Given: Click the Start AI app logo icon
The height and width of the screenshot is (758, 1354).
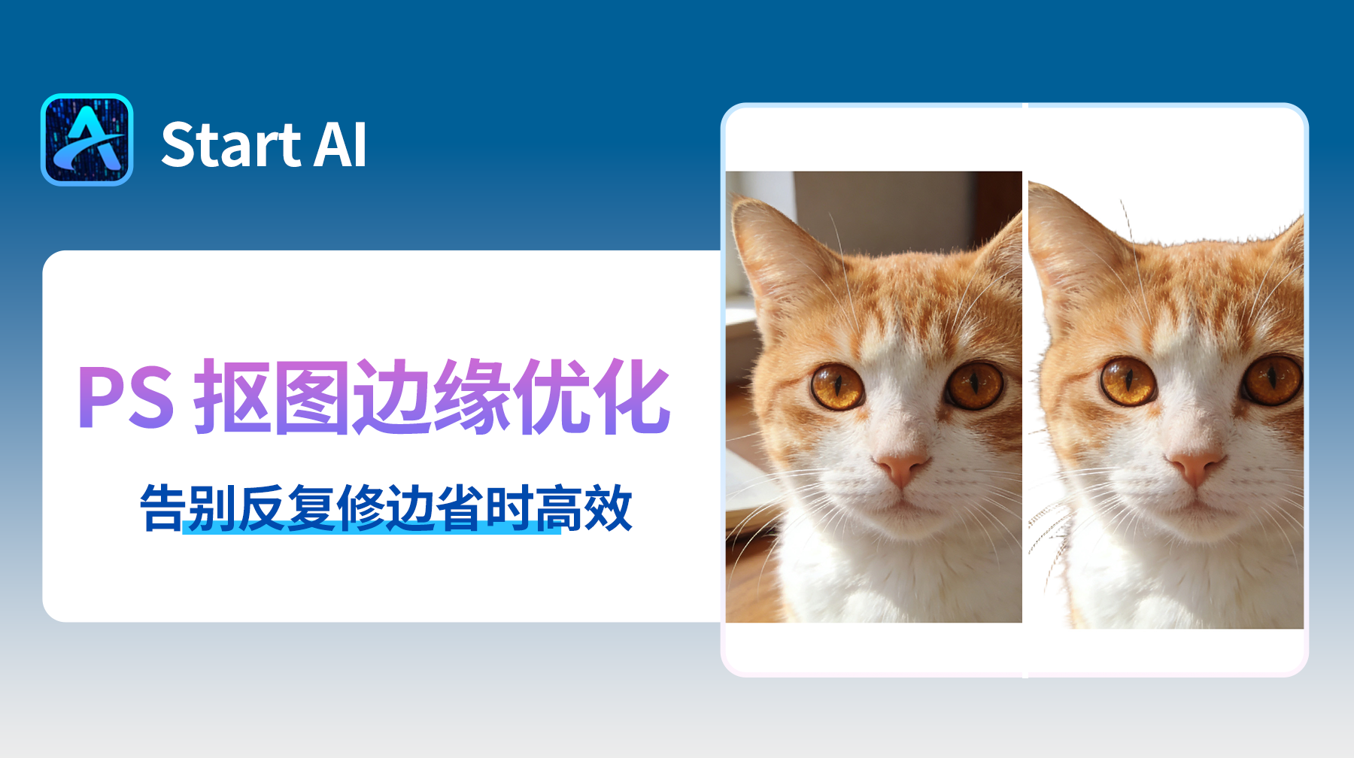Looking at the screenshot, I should [87, 140].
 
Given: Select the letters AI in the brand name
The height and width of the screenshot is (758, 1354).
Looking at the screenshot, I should [340, 144].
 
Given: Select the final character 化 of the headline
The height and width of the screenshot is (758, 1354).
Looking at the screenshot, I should [630, 397].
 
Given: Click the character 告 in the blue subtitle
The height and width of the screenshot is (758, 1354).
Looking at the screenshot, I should [162, 508].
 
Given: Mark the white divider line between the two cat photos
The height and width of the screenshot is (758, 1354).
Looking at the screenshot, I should [1025, 391].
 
